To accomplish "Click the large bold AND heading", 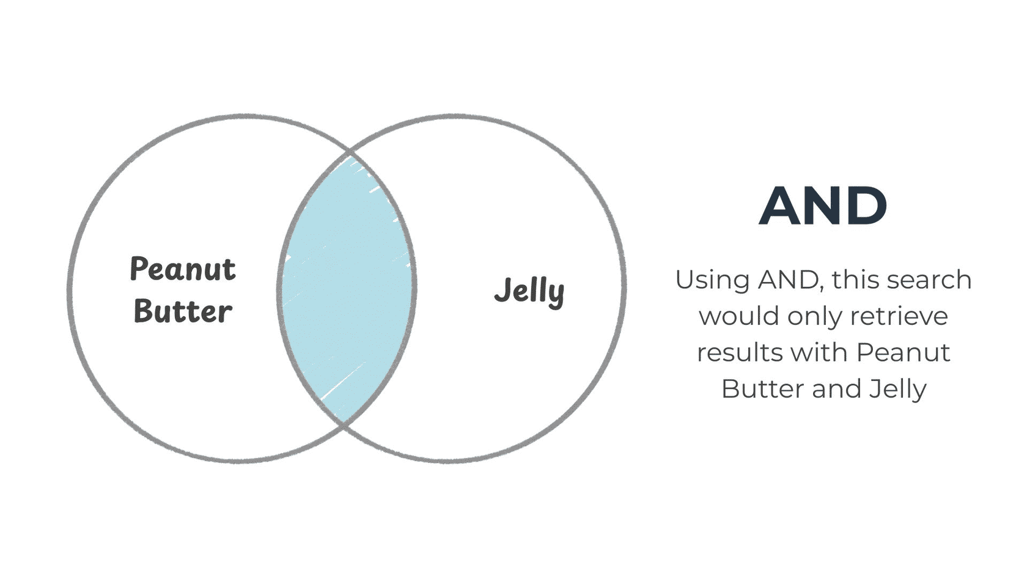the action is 823,206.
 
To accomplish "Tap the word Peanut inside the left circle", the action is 183,269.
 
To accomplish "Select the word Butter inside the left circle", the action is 183,311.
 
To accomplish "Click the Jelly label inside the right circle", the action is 529,292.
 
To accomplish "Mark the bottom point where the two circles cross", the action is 344,425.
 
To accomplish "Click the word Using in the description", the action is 713,281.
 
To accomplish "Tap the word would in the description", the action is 738,316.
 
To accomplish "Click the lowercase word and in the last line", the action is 835,388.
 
